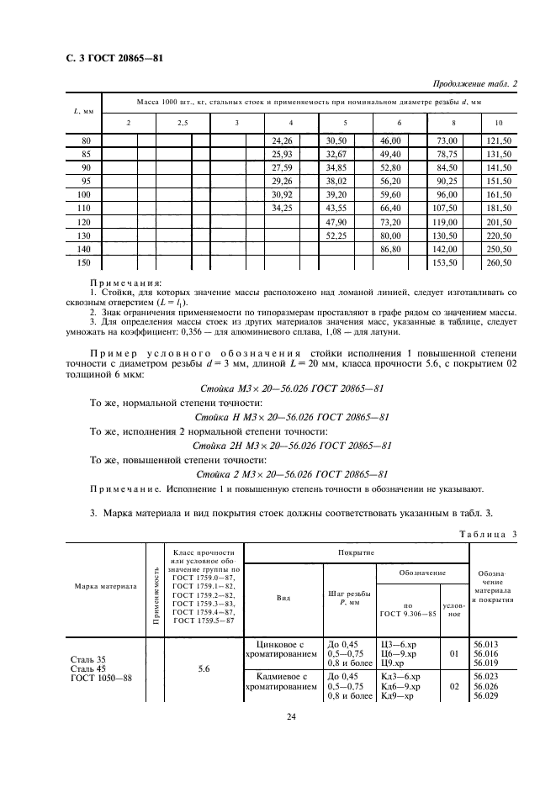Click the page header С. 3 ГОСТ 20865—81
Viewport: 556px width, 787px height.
114,58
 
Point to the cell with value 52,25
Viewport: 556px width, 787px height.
336,235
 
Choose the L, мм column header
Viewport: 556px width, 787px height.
83,112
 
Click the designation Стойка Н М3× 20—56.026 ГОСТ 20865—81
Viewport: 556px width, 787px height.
292,416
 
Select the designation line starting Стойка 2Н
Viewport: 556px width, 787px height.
292,445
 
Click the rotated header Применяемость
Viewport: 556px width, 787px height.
154,593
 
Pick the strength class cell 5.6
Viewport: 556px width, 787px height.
204,668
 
